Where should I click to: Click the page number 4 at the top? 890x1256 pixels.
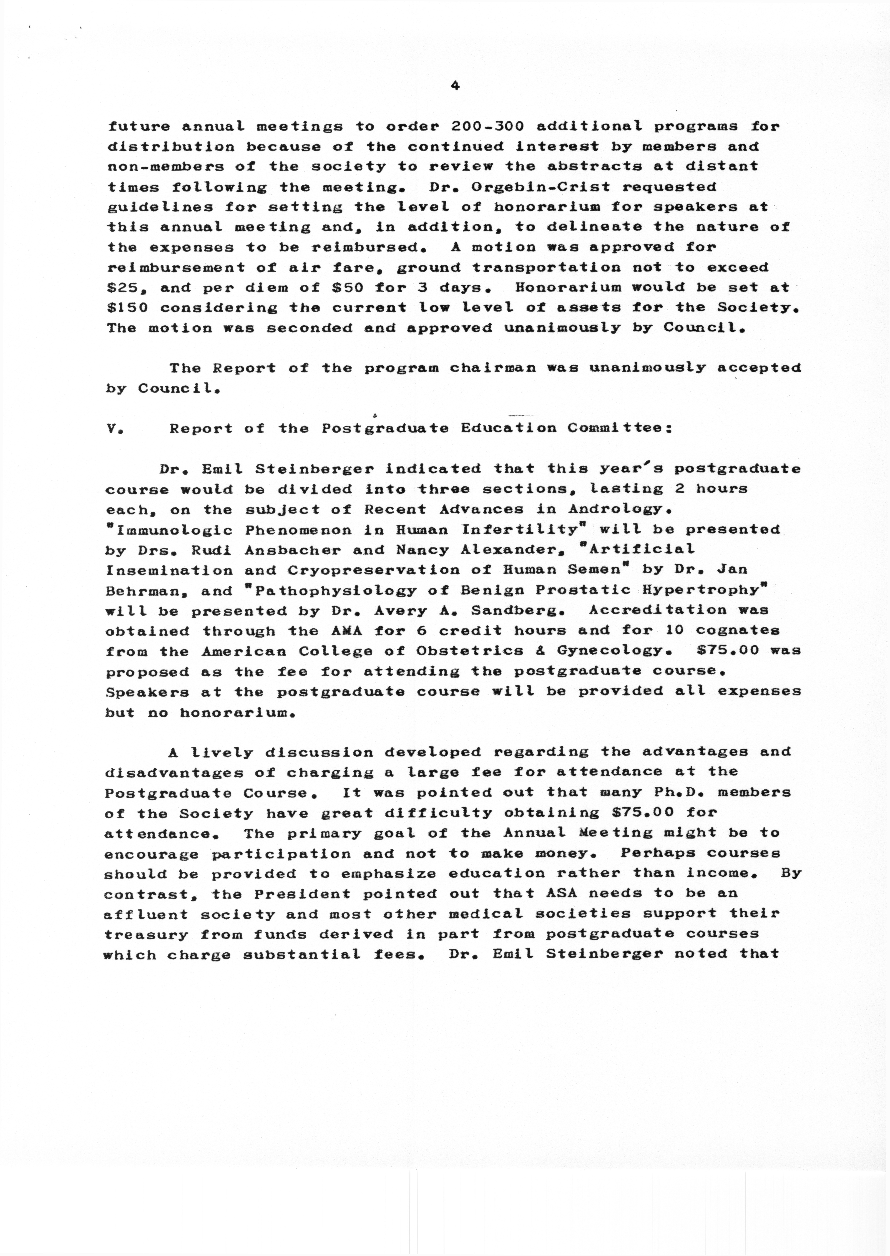(454, 85)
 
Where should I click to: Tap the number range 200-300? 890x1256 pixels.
(488, 126)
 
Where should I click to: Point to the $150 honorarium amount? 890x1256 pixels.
(127, 307)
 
